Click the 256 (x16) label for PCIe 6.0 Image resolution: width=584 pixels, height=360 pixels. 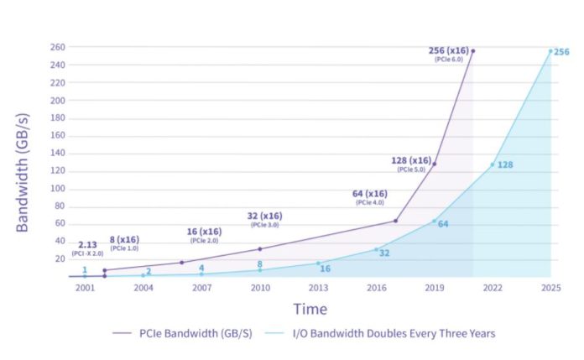pyautogui.click(x=449, y=51)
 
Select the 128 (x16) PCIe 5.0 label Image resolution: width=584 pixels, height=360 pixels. pyautogui.click(x=411, y=161)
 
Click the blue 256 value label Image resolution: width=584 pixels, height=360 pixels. pyautogui.click(x=561, y=52)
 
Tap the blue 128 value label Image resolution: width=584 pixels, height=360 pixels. pyautogui.click(x=505, y=164)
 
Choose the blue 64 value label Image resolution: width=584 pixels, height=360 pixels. pyautogui.click(x=443, y=224)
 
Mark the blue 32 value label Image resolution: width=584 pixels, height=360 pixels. pyautogui.click(x=384, y=253)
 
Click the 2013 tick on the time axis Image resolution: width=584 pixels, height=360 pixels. pyautogui.click(x=317, y=288)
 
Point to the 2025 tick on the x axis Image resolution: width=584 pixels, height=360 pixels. pyautogui.click(x=550, y=288)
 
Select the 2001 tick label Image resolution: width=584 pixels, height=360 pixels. pyautogui.click(x=84, y=288)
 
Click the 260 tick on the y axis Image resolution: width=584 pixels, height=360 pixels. pyautogui.click(x=58, y=47)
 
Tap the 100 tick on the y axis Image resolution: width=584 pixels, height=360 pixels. pyautogui.click(x=58, y=188)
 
